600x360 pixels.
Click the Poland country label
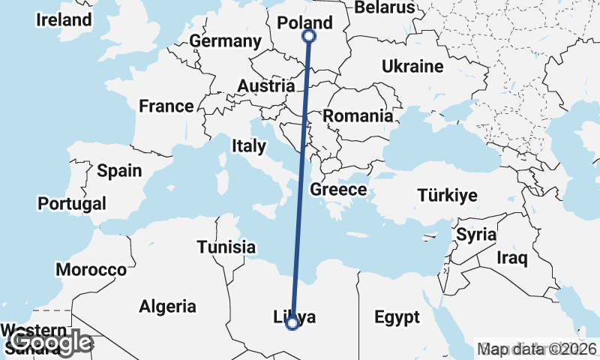coord(304,23)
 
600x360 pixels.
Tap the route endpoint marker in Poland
coord(309,36)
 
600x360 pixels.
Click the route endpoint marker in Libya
coord(292,323)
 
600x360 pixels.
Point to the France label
coord(166,106)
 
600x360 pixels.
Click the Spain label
coord(119,170)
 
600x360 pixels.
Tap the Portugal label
coord(72,203)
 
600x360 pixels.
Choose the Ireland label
coord(64,20)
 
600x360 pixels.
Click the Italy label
coord(248,145)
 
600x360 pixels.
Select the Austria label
coord(265,86)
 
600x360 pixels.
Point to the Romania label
coord(358,116)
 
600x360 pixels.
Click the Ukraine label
coord(412,67)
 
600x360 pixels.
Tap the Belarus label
coord(385,7)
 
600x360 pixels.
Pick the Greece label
coord(338,190)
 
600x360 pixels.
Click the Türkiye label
coord(448,196)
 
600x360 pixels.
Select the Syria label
coord(476,234)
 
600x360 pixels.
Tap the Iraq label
coord(513,259)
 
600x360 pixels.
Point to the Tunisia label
coord(226,247)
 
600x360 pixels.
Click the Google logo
coord(52,343)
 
